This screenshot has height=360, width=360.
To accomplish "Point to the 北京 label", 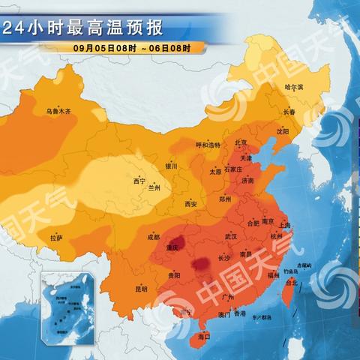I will point(241,142).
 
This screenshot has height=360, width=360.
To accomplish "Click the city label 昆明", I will point(141,288).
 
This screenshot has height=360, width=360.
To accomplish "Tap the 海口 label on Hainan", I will point(203,338).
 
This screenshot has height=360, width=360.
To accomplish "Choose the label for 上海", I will point(284,225).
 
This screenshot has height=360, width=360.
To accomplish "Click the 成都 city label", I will point(154,237).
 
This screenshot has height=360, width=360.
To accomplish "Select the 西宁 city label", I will point(139,181).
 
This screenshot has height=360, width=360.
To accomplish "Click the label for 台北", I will point(292,283).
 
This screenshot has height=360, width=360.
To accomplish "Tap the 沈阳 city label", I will point(282,131).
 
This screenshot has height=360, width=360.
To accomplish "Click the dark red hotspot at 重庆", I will point(173,243).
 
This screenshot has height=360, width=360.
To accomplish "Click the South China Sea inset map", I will point(70,304).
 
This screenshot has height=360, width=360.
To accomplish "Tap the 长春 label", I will point(289,112).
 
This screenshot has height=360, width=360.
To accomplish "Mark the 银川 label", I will point(172,166).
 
